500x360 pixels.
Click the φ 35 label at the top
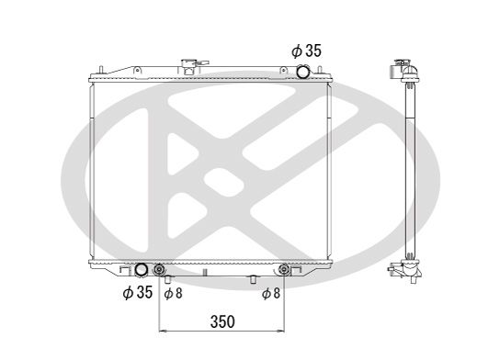tap(306, 51)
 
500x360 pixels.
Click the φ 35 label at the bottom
tap(138, 293)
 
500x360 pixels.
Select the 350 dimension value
tap(222, 321)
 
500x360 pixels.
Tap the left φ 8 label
tap(172, 294)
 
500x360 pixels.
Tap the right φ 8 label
tap(270, 294)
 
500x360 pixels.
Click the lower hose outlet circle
tap(142, 270)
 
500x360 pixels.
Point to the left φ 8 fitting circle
tap(160, 271)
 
